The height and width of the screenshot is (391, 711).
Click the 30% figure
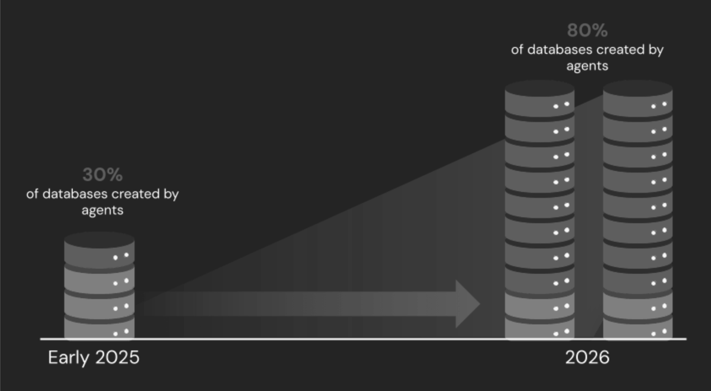click(103, 175)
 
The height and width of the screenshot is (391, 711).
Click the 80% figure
click(588, 30)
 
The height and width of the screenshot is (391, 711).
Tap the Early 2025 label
click(93, 358)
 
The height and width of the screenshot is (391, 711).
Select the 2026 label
click(587, 357)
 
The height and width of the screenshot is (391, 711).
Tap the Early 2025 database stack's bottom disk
click(99, 327)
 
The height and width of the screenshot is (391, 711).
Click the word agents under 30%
click(103, 211)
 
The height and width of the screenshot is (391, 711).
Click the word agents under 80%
click(588, 66)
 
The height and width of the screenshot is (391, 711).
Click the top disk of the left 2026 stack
click(539, 98)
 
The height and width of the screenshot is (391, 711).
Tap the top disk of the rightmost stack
click(637, 98)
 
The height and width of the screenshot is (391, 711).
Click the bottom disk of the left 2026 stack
click(539, 327)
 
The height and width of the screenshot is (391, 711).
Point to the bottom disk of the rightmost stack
click(637, 327)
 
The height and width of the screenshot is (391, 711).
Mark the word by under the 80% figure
click(656, 50)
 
